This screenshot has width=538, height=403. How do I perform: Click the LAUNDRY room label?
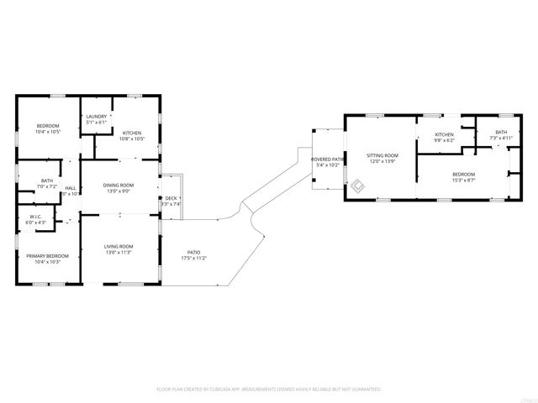coord(96,118)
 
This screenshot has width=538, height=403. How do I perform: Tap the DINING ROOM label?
coord(118,185)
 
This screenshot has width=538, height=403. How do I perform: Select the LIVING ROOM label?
coord(118,246)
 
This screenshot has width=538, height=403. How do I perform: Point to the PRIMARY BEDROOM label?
coord(47,255)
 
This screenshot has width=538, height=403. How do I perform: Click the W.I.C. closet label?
coord(35,217)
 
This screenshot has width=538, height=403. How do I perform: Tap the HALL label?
coord(71,188)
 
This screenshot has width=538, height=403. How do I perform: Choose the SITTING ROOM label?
coord(382,155)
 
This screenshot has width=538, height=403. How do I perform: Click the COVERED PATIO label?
coord(328,159)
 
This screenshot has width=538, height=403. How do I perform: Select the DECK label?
coord(171,198)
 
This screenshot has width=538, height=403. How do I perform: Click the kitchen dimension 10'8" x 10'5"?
coord(133,139)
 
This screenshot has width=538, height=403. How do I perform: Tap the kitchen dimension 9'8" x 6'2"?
coord(444,140)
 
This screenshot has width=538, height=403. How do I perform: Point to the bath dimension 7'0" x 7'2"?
coord(48,186)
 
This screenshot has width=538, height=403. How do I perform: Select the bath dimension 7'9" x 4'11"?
coord(501,138)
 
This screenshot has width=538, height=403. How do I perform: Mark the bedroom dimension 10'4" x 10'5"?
coord(47,132)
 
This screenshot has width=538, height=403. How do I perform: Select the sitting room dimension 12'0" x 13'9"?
coord(382,161)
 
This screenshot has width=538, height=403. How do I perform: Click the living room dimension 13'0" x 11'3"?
coord(118,252)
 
